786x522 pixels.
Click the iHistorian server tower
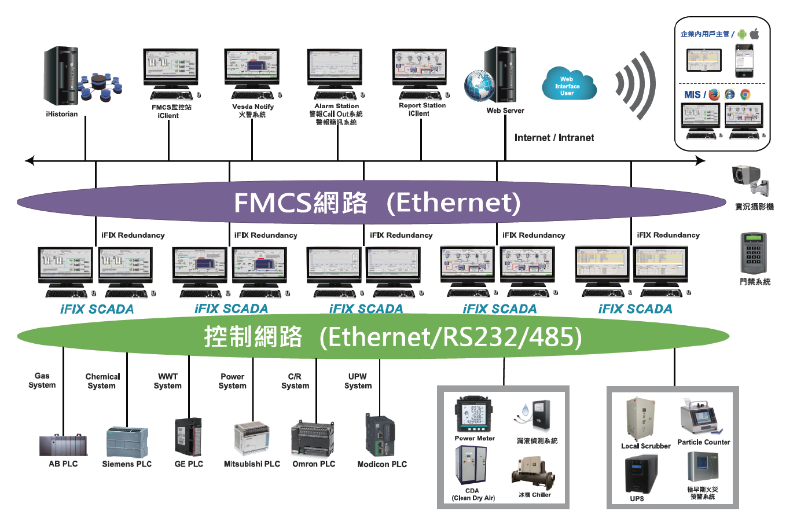61,77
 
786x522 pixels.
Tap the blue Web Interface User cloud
568,85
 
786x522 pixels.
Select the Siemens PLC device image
127,442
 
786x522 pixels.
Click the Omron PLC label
314,464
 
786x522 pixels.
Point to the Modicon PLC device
380,435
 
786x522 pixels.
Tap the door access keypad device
754,253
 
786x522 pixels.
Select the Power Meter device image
473,414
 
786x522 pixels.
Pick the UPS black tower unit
641,473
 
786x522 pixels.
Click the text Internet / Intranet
554,138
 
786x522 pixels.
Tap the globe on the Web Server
480,86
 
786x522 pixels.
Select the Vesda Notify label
253,106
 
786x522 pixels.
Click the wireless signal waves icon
636,85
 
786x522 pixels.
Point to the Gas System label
42,380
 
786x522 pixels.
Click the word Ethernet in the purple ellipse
454,203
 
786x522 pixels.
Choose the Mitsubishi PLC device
252,438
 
